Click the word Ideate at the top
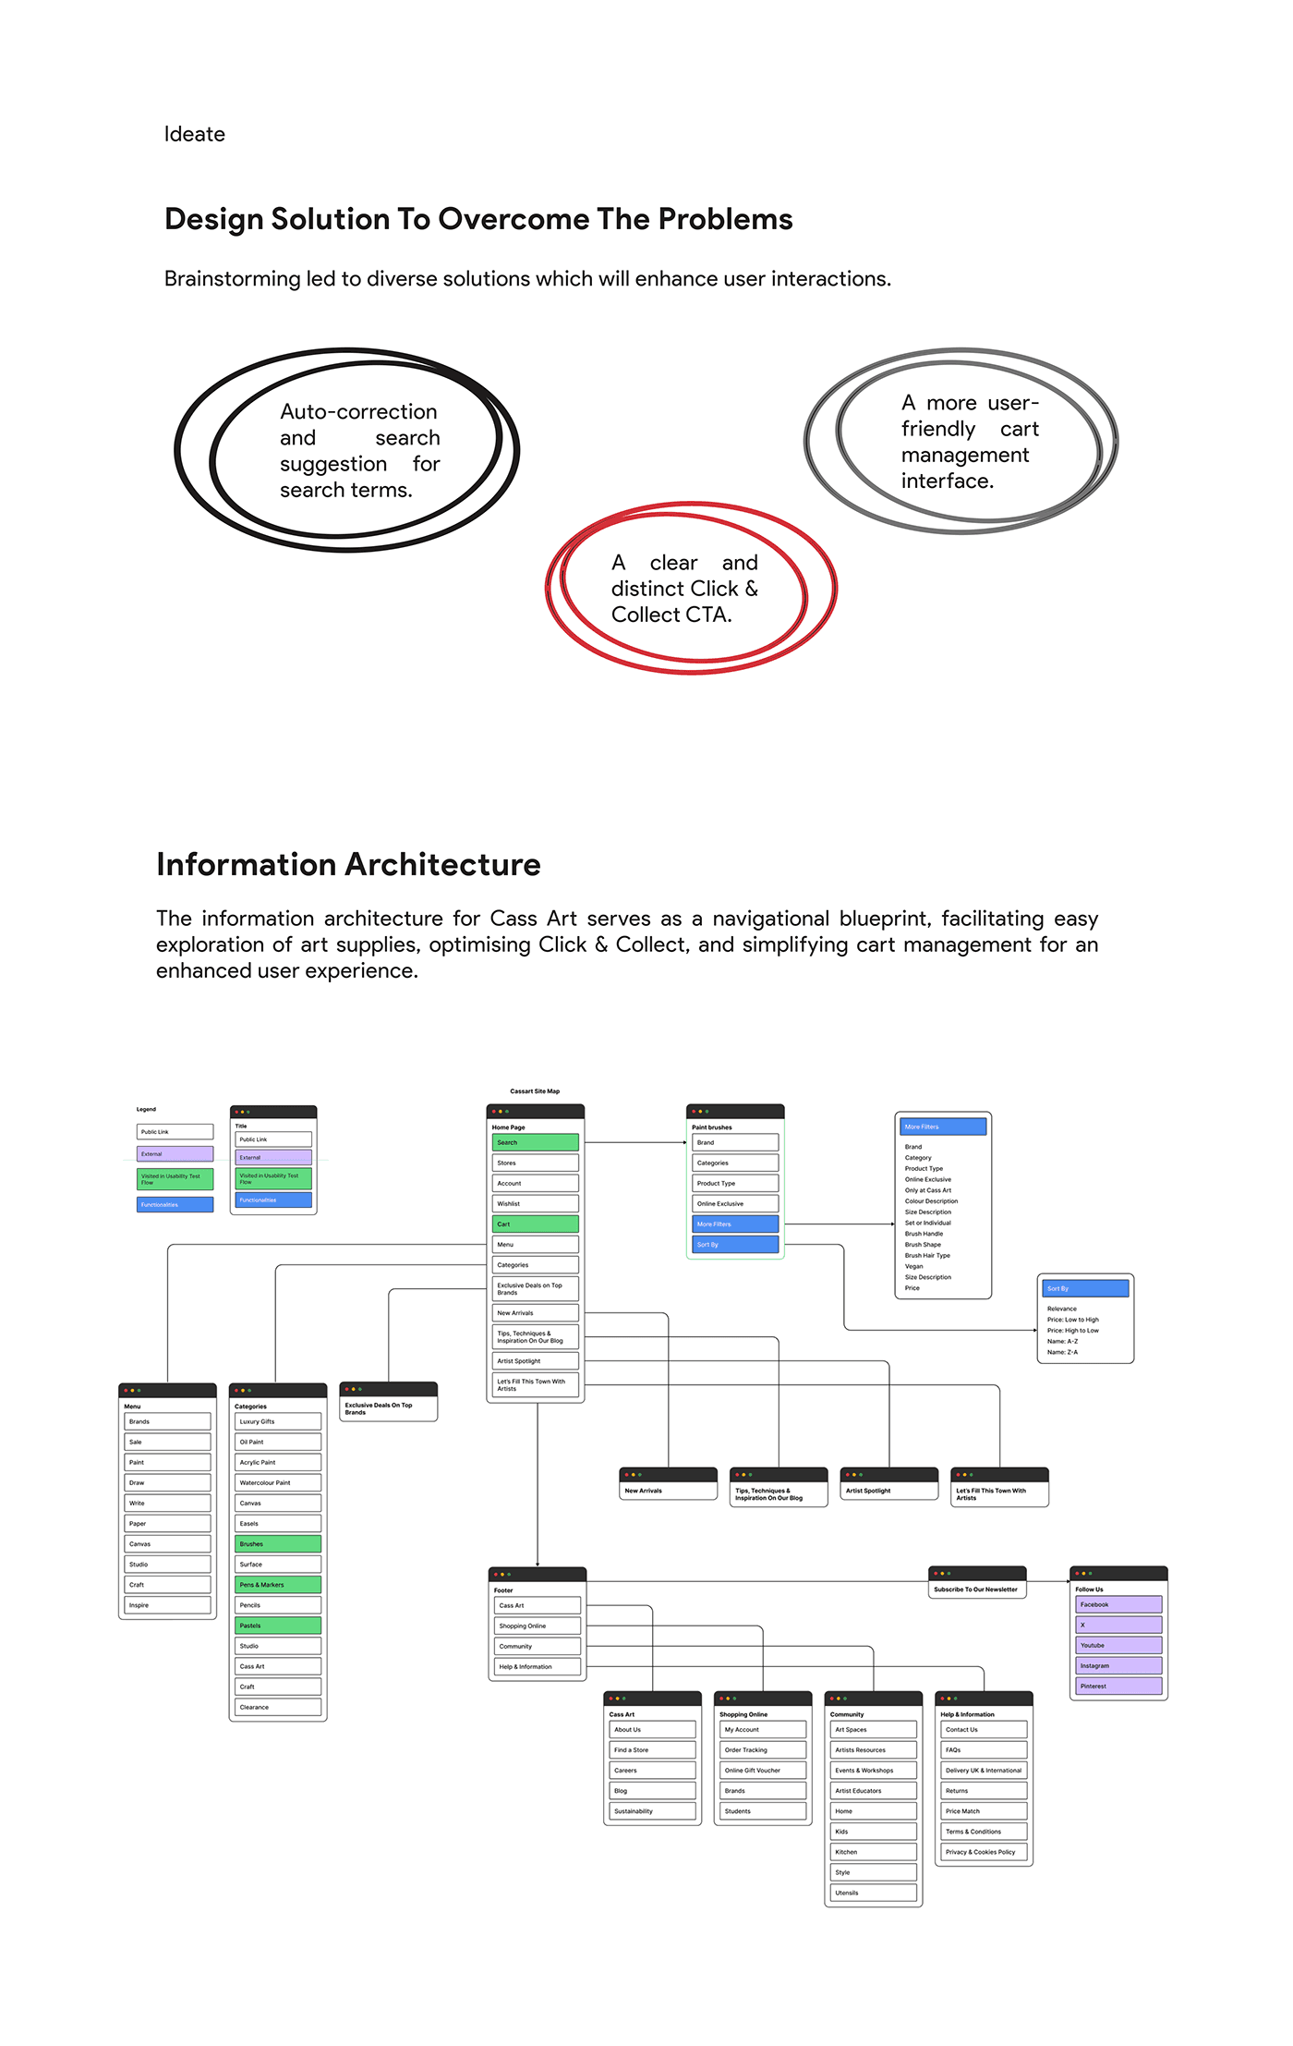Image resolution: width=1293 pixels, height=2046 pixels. pyautogui.click(x=194, y=134)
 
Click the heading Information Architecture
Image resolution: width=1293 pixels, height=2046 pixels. pyautogui.click(x=348, y=864)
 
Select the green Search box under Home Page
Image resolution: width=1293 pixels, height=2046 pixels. pyautogui.click(x=535, y=1142)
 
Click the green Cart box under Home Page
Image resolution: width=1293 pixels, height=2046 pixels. pyautogui.click(x=535, y=1224)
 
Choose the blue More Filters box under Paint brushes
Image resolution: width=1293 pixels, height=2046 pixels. pyautogui.click(x=734, y=1224)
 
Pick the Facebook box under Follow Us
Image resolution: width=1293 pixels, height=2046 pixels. pyautogui.click(x=1118, y=1604)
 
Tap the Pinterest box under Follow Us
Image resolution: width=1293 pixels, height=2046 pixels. pyautogui.click(x=1118, y=1686)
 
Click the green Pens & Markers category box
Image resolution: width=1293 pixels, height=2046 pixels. pyautogui.click(x=277, y=1584)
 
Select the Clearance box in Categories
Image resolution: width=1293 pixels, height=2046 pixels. pyautogui.click(x=277, y=1707)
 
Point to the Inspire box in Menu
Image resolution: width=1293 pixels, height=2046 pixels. pyautogui.click(x=167, y=1605)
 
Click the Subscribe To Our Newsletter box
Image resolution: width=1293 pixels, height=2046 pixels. pyautogui.click(x=976, y=1589)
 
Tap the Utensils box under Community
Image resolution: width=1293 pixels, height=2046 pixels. pyautogui.click(x=873, y=1893)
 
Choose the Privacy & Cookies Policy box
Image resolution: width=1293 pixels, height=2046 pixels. pyautogui.click(x=984, y=1852)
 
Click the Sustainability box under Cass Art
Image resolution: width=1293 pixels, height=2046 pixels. pyautogui.click(x=652, y=1811)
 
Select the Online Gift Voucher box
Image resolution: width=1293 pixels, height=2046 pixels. pyautogui.click(x=762, y=1771)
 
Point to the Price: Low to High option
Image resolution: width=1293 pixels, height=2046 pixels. pyautogui.click(x=1072, y=1320)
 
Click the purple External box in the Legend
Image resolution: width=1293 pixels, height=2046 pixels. pyautogui.click(x=175, y=1154)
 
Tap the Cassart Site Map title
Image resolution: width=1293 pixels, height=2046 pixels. pyautogui.click(x=535, y=1091)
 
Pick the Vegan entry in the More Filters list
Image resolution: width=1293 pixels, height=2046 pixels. pyautogui.click(x=913, y=1266)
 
